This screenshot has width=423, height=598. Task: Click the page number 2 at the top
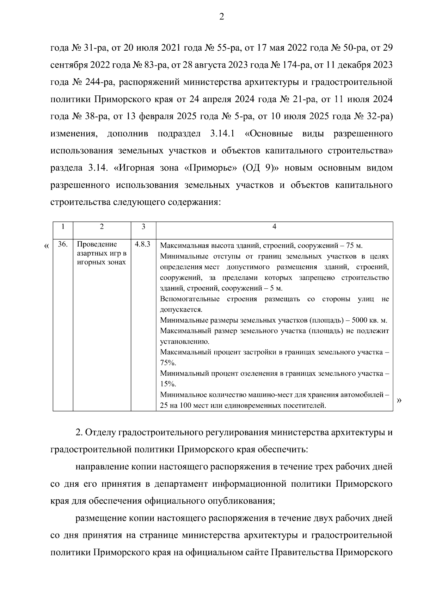(x=222, y=17)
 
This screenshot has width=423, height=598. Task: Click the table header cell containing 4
(x=274, y=227)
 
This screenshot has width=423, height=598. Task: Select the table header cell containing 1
(x=63, y=227)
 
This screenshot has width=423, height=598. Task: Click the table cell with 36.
(x=63, y=244)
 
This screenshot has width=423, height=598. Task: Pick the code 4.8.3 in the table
(x=143, y=244)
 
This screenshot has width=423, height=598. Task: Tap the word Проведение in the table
(x=97, y=244)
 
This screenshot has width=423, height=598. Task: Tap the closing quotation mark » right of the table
(x=399, y=400)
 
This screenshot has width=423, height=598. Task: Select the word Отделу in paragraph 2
(x=102, y=432)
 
